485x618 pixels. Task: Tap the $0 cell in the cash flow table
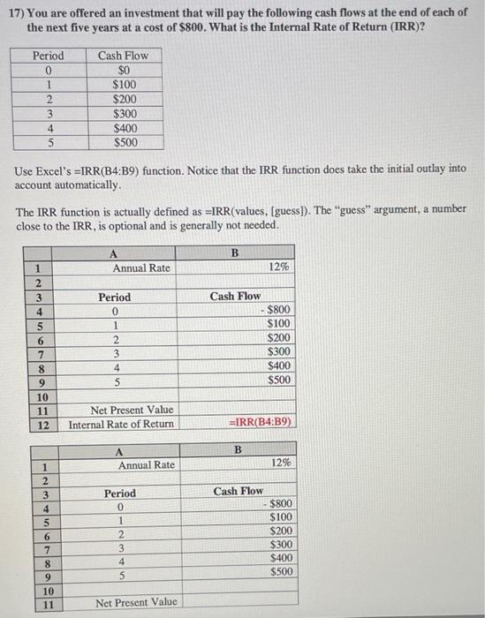(x=124, y=69)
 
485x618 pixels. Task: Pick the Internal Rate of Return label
(x=121, y=424)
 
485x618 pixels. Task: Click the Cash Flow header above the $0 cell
(x=124, y=55)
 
